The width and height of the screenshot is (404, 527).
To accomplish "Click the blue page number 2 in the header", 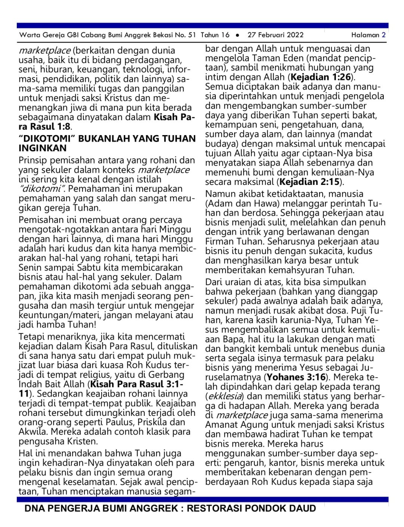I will [x=383, y=35].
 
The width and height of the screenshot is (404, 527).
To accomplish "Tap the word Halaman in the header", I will [x=365, y=35].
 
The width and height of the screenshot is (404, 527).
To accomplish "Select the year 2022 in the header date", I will [x=294, y=35].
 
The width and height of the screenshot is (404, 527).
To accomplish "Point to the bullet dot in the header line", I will [x=238, y=35].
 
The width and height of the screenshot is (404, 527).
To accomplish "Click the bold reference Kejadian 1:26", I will [x=321, y=77].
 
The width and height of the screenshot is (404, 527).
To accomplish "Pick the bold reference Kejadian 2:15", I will [x=309, y=182].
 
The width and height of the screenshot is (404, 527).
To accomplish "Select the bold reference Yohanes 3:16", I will [x=296, y=377].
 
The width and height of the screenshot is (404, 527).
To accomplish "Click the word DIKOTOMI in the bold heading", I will [x=47, y=139].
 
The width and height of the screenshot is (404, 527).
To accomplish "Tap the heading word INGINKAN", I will [x=43, y=148].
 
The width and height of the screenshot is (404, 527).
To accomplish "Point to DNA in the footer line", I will [x=34, y=508].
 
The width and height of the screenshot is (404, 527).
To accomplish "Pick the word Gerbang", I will [x=168, y=375].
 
